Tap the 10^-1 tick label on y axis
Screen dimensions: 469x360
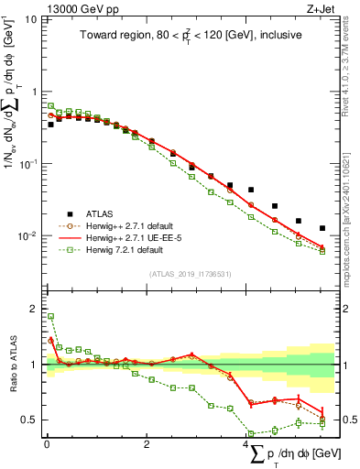point(26,164)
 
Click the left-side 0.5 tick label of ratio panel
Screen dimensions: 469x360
point(29,420)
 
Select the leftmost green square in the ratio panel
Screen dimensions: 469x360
point(51,316)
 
